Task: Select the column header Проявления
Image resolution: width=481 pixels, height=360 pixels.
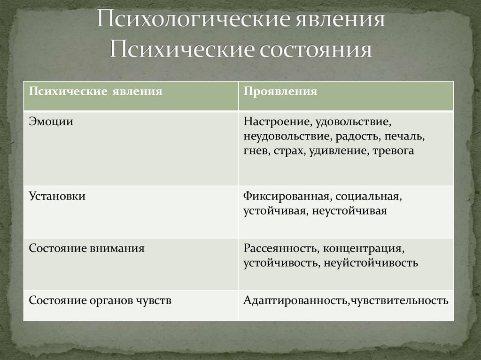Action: pos(280,91)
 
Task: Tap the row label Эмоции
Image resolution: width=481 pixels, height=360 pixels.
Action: pos(51,121)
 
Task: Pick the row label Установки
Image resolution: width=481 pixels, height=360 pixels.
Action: pos(57,196)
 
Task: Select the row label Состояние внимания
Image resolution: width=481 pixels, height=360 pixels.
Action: pos(86,248)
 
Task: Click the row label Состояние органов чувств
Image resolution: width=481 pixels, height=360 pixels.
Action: pos(100,300)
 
